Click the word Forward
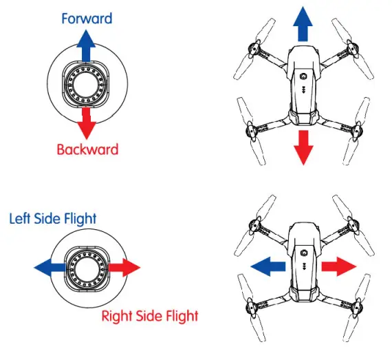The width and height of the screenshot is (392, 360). click(x=87, y=19)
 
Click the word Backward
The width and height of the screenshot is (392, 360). click(x=87, y=149)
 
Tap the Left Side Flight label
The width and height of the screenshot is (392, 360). click(x=52, y=219)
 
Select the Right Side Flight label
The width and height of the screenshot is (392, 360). click(x=149, y=317)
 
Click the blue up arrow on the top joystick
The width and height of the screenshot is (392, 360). click(x=86, y=48)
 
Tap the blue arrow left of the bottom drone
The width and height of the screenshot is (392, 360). click(x=265, y=265)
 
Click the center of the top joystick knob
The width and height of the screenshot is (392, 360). click(x=87, y=85)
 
